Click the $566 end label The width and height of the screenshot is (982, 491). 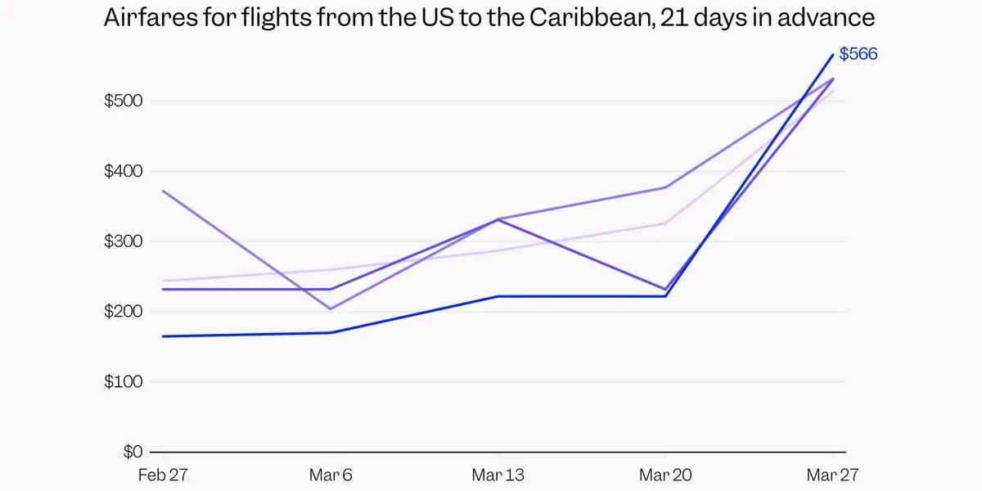[858, 55]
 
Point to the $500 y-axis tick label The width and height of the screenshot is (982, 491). [123, 101]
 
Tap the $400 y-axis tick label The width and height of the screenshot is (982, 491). [123, 171]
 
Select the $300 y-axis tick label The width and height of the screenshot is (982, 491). [123, 241]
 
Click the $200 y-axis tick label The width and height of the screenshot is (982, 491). [123, 312]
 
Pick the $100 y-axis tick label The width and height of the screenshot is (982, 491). [123, 382]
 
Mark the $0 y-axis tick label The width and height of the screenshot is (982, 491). [132, 452]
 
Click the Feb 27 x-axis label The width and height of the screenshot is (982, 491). [163, 475]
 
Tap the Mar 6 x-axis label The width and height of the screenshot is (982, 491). [331, 475]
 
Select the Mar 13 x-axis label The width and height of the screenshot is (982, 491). [498, 475]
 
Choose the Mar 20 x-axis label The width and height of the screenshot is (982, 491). [665, 475]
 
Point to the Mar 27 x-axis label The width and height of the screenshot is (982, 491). [833, 475]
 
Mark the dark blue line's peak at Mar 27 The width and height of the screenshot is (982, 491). [833, 55]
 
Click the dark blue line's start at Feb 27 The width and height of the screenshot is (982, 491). [163, 336]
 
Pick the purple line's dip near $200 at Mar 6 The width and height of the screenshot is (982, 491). [331, 309]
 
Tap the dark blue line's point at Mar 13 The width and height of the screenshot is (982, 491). [498, 296]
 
